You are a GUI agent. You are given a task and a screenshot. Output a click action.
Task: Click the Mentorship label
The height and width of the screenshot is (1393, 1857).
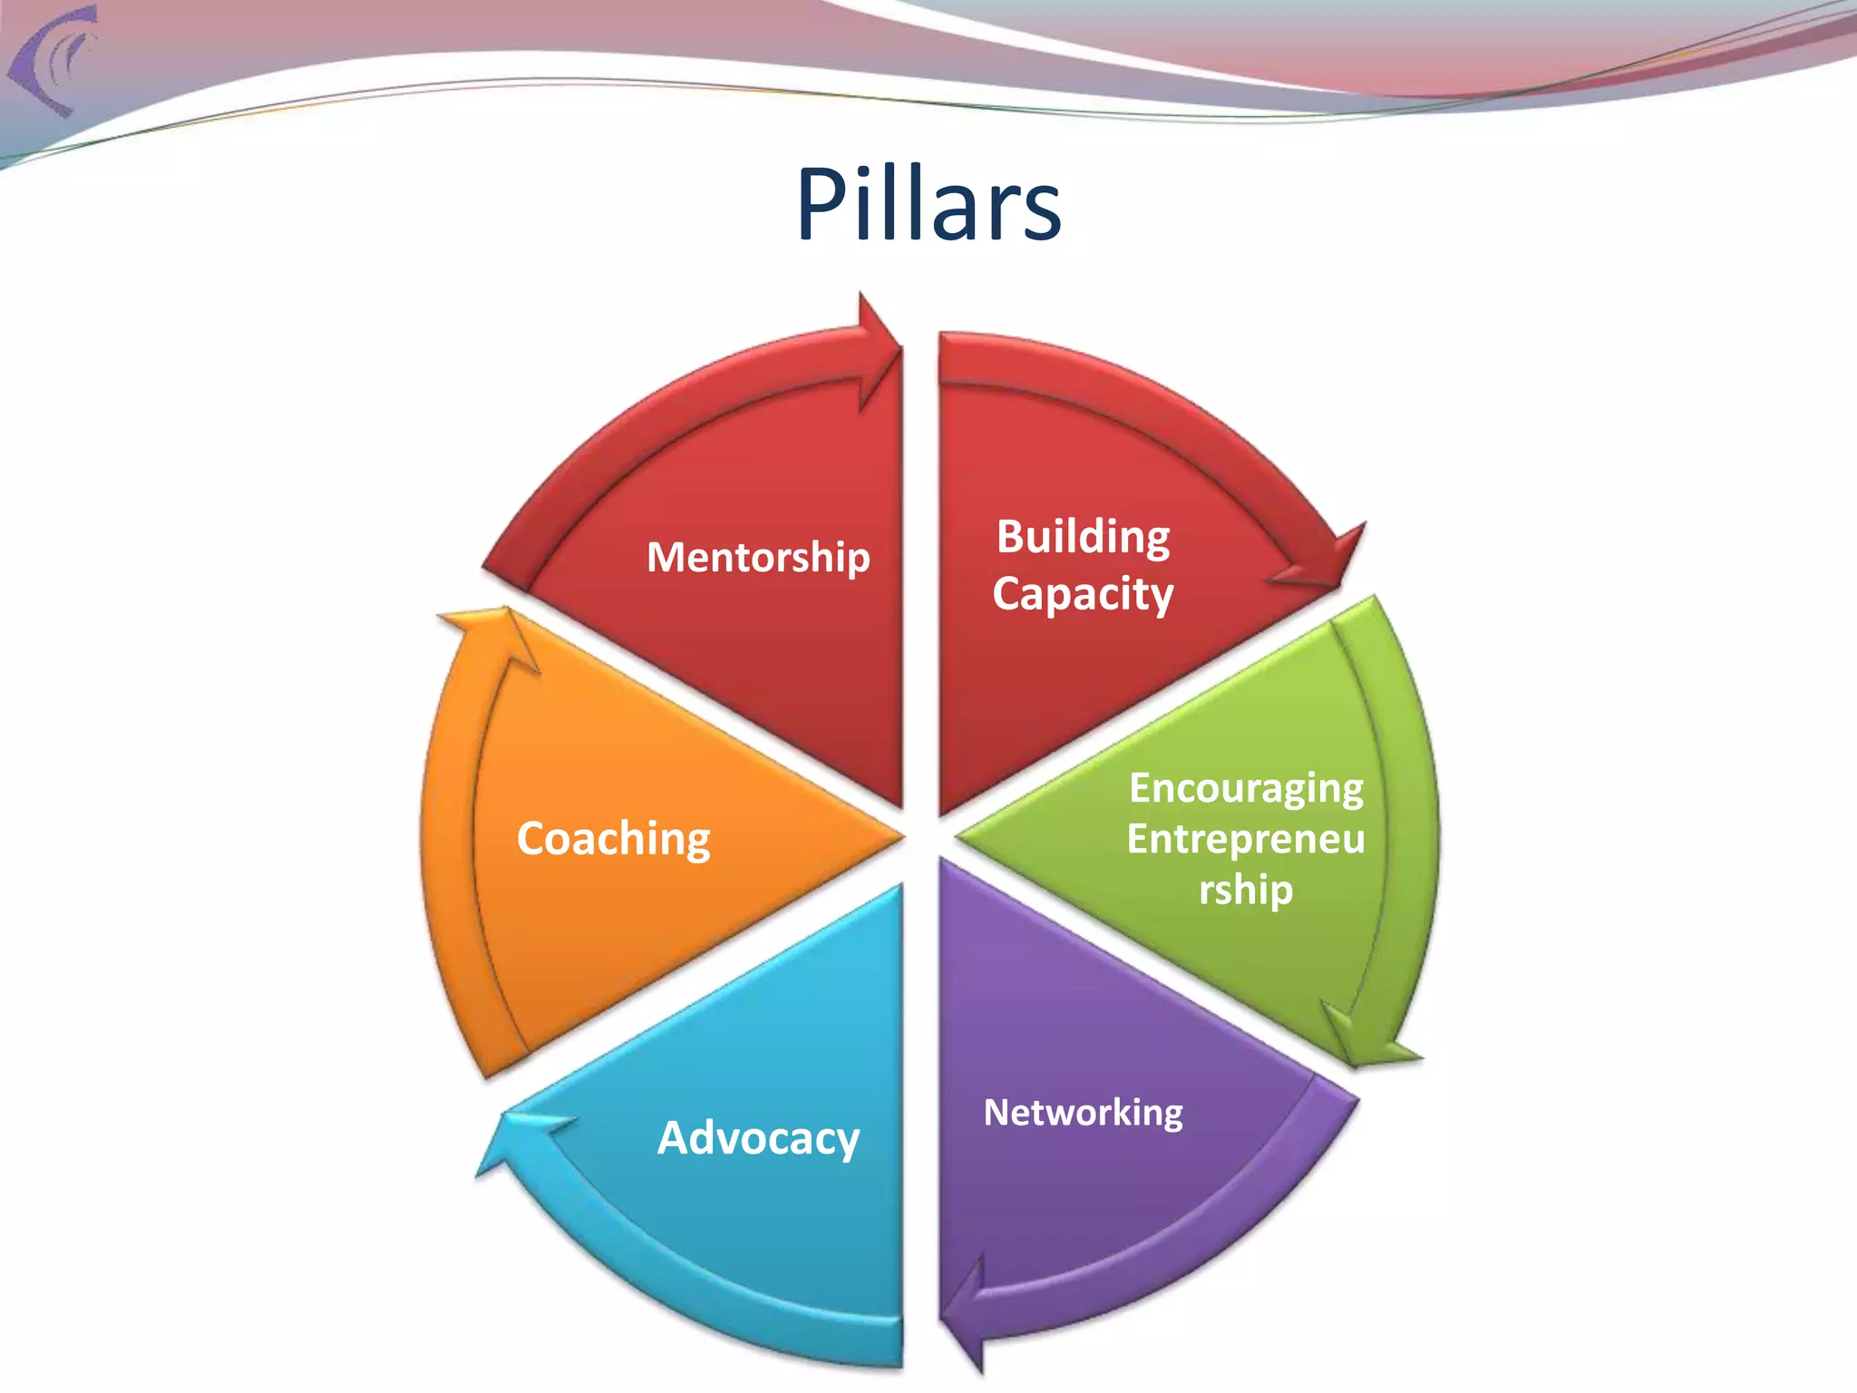[758, 556]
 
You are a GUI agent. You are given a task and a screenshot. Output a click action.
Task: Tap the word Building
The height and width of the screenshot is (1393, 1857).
[1084, 536]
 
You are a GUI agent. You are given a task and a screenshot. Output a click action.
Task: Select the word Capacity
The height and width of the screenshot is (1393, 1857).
[1084, 594]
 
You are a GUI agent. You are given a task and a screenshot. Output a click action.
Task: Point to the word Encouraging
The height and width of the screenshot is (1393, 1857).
[1246, 788]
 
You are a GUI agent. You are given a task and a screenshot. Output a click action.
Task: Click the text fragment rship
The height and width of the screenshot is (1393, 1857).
[1246, 890]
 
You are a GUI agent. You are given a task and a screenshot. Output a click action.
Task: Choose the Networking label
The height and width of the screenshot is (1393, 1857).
[1084, 1113]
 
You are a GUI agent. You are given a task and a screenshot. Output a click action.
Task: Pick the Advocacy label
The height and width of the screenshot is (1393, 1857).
[758, 1137]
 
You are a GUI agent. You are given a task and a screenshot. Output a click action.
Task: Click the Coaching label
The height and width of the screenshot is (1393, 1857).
[613, 838]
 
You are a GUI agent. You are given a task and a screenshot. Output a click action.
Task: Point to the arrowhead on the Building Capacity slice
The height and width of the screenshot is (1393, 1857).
[1328, 558]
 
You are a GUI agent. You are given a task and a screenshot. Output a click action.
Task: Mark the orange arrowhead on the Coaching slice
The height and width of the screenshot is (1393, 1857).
[494, 635]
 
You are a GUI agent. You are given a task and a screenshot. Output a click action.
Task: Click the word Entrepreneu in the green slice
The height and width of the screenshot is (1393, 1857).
[1246, 839]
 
